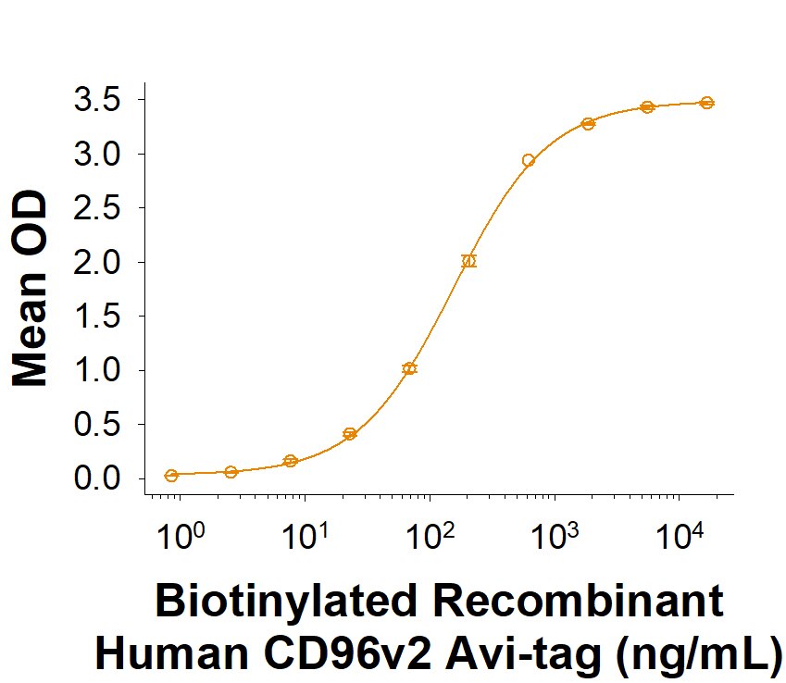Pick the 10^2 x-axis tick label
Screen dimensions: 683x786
click(x=430, y=537)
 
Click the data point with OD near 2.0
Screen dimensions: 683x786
click(x=468, y=261)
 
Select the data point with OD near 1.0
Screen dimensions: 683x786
click(x=409, y=368)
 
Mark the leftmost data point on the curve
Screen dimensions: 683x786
click(x=171, y=476)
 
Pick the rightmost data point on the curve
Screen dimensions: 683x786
click(x=706, y=103)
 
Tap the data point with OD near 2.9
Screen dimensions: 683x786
click(x=529, y=160)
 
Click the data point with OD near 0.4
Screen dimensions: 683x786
click(x=350, y=433)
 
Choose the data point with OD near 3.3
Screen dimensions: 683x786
click(x=588, y=124)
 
